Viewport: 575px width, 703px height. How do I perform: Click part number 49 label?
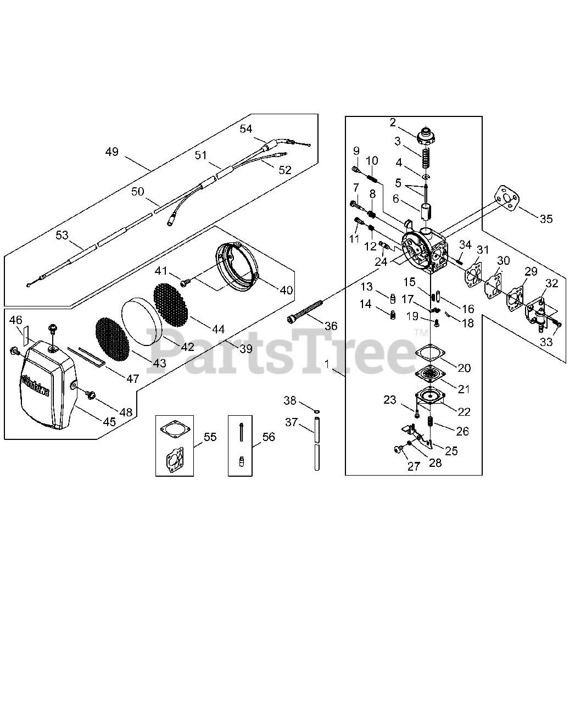coord(112,152)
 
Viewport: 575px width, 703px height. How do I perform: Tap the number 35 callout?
coord(546,219)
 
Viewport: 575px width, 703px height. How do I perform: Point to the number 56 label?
coord(269,437)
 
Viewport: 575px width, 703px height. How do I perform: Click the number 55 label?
coord(210,437)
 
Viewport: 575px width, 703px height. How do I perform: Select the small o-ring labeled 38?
coord(317,410)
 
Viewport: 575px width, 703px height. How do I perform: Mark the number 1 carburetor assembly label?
coord(327,364)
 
